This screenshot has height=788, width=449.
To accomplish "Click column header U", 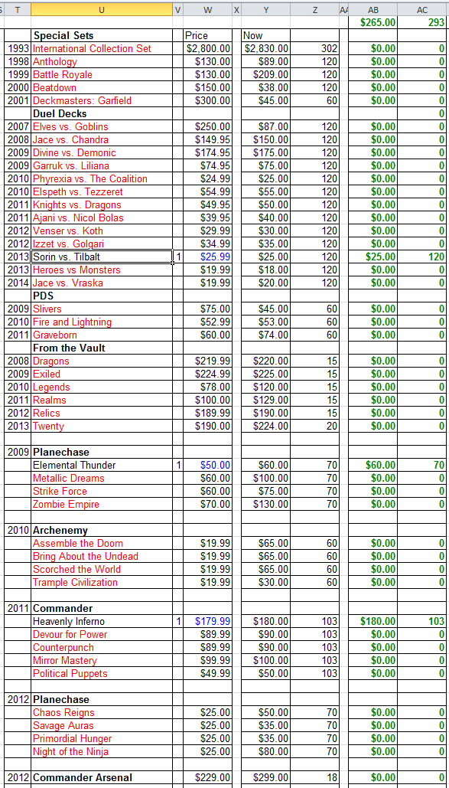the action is (102, 9).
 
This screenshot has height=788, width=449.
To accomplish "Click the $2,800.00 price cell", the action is (208, 48).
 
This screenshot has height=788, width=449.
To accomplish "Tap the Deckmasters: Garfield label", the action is (82, 100).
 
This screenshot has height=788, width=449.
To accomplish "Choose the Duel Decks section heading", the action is (60, 113).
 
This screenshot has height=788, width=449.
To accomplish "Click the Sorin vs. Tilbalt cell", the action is (67, 257).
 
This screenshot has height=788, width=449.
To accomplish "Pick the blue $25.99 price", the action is (214, 257).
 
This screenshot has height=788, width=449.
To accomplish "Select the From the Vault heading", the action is (69, 348).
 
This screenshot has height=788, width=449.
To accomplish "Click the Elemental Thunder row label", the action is (74, 465).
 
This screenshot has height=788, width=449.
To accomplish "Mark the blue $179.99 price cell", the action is (212, 621).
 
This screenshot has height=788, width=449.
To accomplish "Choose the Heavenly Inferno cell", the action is (69, 621).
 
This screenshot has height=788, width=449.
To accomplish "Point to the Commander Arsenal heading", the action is (83, 777).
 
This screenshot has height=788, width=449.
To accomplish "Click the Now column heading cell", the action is (252, 35).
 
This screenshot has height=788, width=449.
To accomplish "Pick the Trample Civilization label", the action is (75, 582).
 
